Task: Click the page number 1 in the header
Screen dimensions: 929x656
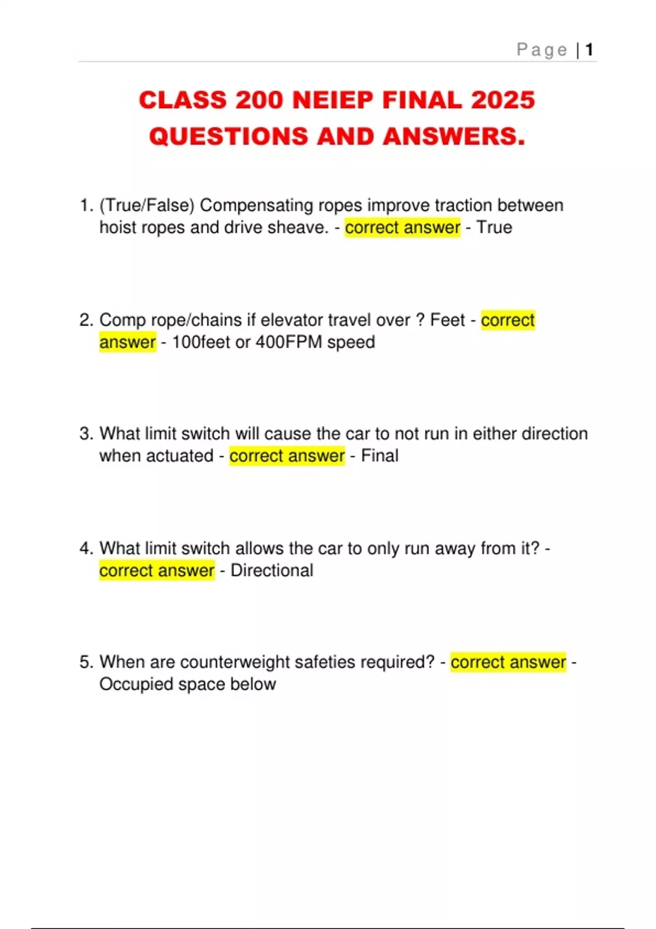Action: tap(589, 50)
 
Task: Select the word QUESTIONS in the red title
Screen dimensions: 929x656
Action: tap(229, 136)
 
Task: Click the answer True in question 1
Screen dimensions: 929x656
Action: tap(494, 227)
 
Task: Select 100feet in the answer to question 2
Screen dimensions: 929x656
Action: tap(201, 342)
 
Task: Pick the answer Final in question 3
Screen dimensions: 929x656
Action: tap(379, 456)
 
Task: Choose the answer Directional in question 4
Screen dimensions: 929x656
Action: tap(272, 571)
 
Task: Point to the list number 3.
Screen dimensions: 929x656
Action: tap(86, 433)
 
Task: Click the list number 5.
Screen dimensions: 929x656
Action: tap(86, 662)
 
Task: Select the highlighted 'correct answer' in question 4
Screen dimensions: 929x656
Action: tap(157, 571)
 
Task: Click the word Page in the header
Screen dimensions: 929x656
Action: tap(542, 50)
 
